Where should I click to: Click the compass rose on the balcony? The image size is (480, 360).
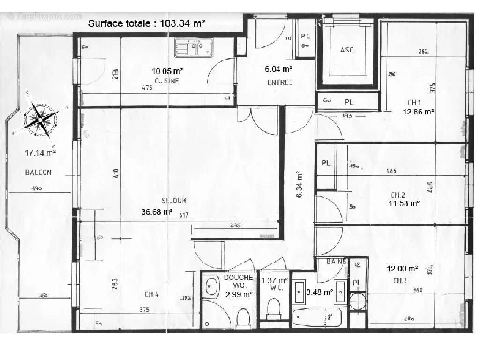41,120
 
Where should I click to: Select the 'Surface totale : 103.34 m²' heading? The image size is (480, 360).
146,22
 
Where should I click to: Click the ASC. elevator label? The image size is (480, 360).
347,50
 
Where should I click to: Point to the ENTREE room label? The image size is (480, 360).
280,82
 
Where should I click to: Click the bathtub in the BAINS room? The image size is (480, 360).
317,317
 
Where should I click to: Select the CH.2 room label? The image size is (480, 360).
398,195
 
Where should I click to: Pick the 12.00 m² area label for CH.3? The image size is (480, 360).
402,269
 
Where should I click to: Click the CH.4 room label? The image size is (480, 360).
151,294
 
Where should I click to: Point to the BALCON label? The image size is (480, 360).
38,172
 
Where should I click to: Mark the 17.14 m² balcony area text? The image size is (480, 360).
40,152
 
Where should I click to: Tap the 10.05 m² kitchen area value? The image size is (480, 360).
167,72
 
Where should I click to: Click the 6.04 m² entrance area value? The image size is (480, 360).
279,69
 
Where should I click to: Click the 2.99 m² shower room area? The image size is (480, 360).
239,294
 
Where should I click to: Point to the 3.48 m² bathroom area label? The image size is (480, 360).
320,292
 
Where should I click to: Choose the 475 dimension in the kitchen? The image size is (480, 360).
147,88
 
